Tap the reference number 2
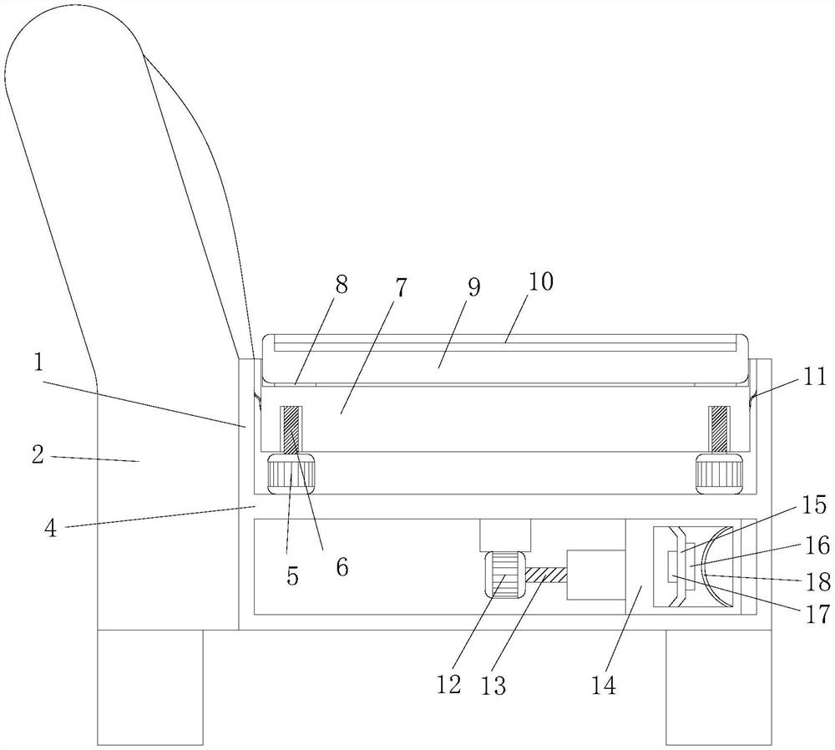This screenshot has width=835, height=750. point(38,455)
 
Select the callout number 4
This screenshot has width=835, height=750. point(51,529)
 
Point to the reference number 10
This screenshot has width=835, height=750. point(540,281)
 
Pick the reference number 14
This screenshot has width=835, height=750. point(604,686)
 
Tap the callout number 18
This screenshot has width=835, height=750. point(818,582)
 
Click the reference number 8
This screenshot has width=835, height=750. point(342,285)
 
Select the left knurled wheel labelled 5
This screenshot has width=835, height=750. point(291,474)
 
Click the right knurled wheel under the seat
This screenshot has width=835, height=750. point(719,474)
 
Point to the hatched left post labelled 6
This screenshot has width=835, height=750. point(291,430)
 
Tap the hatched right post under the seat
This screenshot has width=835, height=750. point(720,430)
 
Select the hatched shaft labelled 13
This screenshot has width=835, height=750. point(546,575)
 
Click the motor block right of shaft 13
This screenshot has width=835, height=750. point(596,575)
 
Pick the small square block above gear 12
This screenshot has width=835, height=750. point(505,535)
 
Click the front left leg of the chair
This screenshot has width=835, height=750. point(150,687)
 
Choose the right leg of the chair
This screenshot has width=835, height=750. point(719,687)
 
